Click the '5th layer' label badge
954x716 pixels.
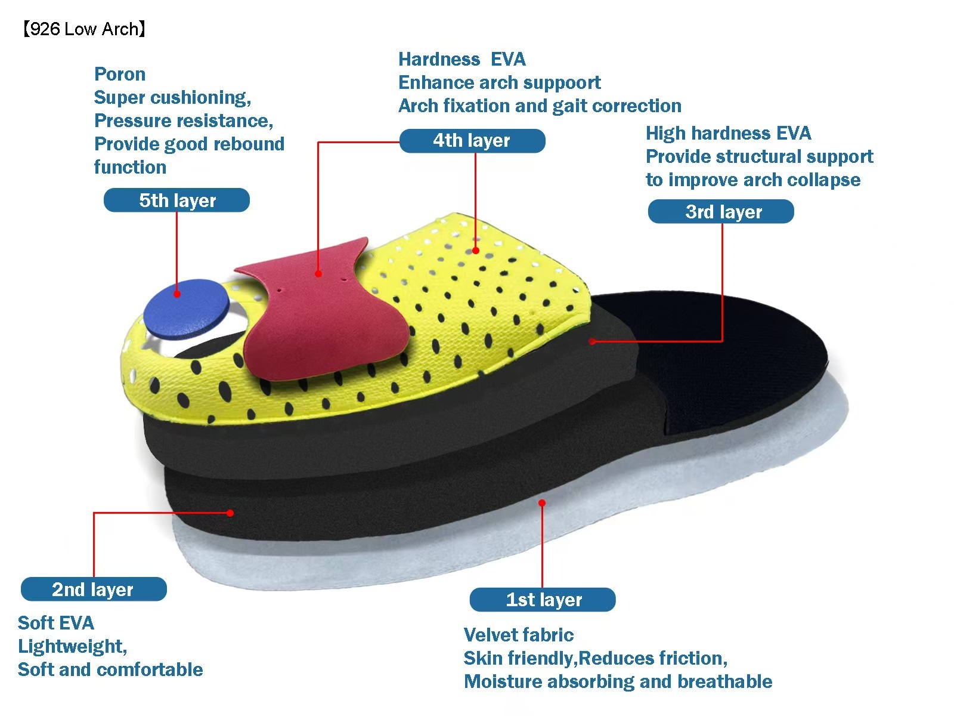coord(176,200)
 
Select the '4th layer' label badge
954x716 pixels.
coord(472,141)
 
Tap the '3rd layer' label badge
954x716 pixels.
coord(721,212)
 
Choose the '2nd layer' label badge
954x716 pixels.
coord(94,590)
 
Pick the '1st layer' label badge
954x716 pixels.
coord(543,600)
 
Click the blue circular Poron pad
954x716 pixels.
coord(186,308)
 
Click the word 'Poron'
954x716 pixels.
coord(120,74)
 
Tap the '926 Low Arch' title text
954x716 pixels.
coord(83,29)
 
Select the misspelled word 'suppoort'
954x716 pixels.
coord(560,82)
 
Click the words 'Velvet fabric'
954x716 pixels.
coord(518,635)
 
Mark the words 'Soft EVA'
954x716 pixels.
coord(56,623)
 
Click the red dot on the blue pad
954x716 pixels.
coord(177,294)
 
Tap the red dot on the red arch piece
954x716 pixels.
coord(318,274)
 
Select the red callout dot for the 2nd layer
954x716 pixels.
coord(230,513)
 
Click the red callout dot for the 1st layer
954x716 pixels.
coord(542,503)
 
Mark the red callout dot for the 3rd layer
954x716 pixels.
coord(592,341)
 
